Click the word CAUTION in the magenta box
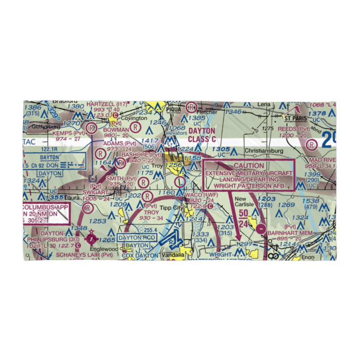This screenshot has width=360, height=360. [x=249, y=166]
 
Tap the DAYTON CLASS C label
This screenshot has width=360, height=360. [x=202, y=135]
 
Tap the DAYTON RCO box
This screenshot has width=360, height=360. [x=132, y=238]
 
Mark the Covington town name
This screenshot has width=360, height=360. [x=134, y=118]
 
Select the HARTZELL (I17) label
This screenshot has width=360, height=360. [x=107, y=104]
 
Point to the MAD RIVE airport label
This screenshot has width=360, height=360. [x=321, y=160]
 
